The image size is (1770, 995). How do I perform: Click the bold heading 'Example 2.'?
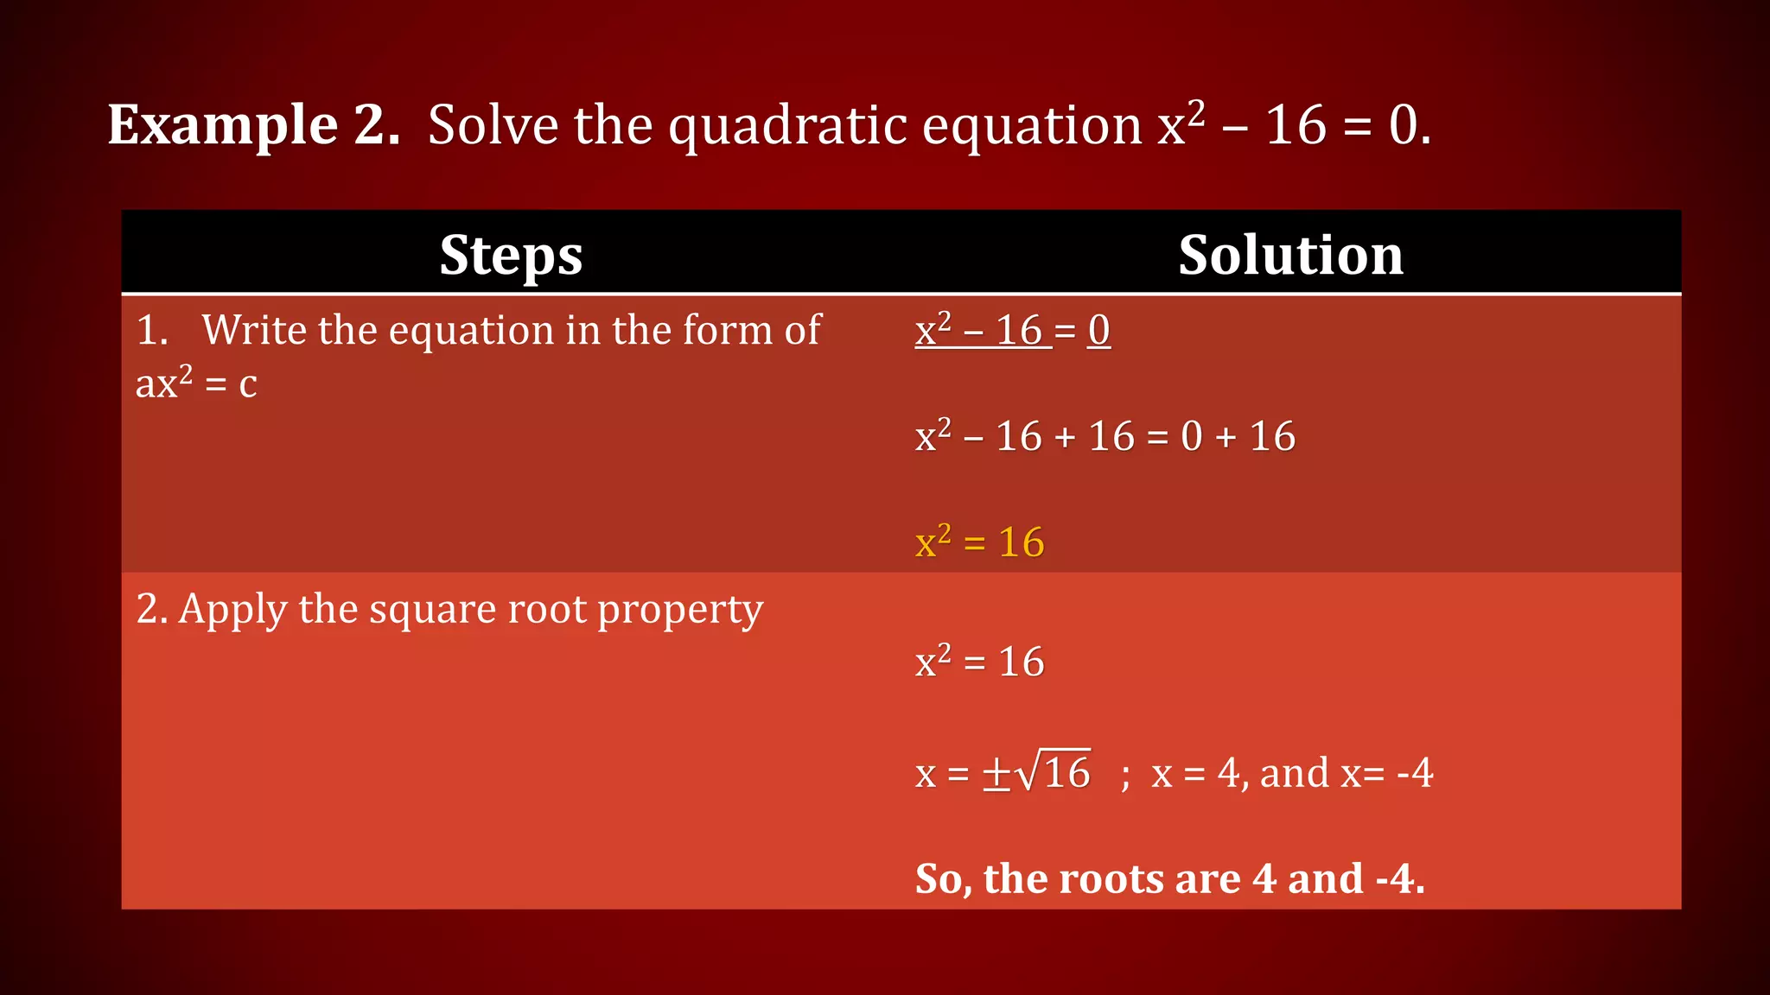[253, 125]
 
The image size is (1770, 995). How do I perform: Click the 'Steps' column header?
[511, 255]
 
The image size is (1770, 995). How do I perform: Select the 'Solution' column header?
[1290, 255]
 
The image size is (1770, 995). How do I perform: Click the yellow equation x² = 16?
[979, 542]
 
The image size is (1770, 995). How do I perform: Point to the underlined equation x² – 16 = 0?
[1012, 330]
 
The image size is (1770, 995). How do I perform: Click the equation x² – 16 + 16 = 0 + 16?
[1105, 436]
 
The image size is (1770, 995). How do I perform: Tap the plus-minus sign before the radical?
[996, 773]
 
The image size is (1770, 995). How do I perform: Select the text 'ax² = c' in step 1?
[196, 383]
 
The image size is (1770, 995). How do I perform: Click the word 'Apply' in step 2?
[232, 611]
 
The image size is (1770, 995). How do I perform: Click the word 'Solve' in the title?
[493, 125]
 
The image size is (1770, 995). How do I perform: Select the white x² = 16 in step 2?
[979, 662]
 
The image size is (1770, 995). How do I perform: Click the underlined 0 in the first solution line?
[1098, 330]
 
